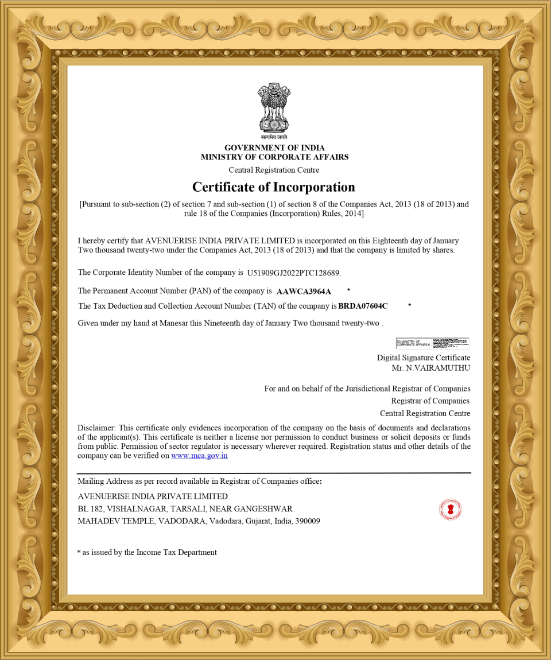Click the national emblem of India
[274, 108]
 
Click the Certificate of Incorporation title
[274, 187]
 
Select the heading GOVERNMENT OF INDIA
[274, 148]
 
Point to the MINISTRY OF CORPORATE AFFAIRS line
[274, 157]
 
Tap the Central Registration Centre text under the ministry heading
[274, 170]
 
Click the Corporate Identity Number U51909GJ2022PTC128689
[293, 273]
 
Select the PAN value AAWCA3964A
[304, 292]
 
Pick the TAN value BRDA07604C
[363, 306]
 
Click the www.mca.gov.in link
[199, 456]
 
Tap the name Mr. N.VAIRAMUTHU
[430, 367]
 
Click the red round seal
[451, 509]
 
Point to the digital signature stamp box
[432, 343]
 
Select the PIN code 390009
[308, 521]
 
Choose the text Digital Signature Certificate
[423, 358]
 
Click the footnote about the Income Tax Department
[148, 552]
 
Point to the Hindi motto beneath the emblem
[274, 137]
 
